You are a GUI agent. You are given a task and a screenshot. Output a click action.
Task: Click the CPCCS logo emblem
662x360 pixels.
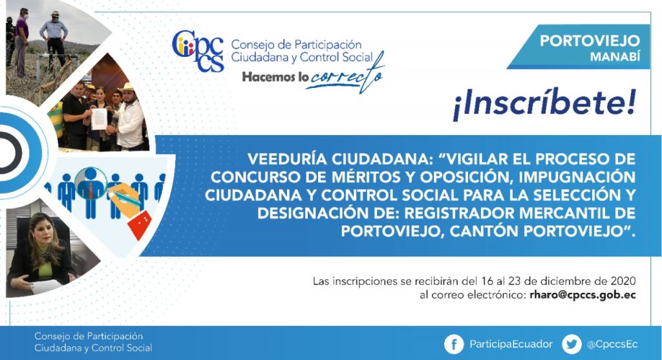coord(198,51)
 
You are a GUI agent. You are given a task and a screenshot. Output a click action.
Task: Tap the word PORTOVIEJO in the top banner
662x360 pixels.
coord(590,41)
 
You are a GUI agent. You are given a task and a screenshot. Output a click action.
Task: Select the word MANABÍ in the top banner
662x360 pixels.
coord(615,56)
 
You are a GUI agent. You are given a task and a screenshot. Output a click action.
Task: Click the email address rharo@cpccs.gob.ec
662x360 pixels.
coord(582,295)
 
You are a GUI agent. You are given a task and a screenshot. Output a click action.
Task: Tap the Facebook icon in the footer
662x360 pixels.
coord(454,344)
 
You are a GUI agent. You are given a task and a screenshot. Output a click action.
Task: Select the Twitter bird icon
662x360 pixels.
coord(571,344)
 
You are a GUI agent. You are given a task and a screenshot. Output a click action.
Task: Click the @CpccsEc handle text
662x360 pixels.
coord(612,344)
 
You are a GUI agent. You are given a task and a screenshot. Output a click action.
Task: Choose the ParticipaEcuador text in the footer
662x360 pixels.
coord(511,344)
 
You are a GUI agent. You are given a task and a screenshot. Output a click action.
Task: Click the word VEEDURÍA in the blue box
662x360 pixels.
coord(287,159)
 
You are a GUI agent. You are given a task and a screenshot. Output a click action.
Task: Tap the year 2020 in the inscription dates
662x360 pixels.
coord(623,281)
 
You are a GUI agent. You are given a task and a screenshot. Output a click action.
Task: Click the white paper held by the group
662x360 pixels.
coord(99,118)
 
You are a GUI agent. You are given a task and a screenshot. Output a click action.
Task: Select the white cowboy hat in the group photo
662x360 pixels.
coord(126,87)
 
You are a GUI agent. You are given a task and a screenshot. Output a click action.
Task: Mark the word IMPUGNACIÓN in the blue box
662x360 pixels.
coord(577,177)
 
